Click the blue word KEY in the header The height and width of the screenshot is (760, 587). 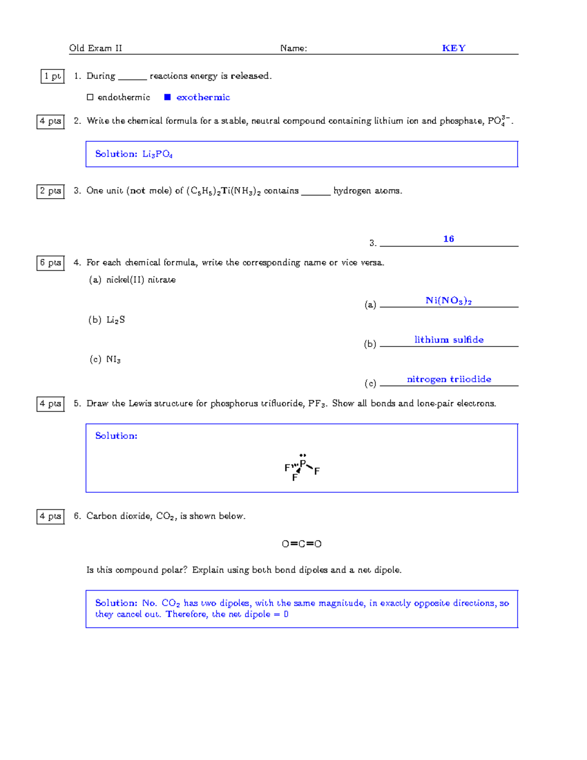[x=453, y=48]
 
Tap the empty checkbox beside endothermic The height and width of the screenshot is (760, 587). [x=90, y=97]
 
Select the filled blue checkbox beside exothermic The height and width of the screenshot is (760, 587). [x=167, y=97]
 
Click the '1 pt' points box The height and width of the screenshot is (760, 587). [x=52, y=76]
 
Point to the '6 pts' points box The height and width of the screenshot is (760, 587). [x=50, y=263]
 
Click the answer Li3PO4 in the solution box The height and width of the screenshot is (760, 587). [x=158, y=154]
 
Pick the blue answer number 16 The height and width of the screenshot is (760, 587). [x=449, y=239]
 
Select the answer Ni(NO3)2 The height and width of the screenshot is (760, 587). [x=449, y=300]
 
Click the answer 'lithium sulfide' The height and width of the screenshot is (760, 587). [x=449, y=340]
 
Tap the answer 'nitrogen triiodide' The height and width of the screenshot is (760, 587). [x=449, y=379]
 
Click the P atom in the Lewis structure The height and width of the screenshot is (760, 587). [x=303, y=463]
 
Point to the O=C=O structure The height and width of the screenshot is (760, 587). [x=302, y=544]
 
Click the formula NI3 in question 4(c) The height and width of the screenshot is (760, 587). [x=113, y=360]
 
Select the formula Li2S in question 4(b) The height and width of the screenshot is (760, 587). [x=116, y=320]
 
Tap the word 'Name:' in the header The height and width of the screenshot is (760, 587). [x=293, y=48]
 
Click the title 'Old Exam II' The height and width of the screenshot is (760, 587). [x=96, y=48]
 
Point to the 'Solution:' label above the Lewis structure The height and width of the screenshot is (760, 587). [x=116, y=436]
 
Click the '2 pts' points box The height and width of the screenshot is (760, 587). [x=50, y=191]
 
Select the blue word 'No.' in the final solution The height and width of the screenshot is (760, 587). [x=150, y=603]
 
